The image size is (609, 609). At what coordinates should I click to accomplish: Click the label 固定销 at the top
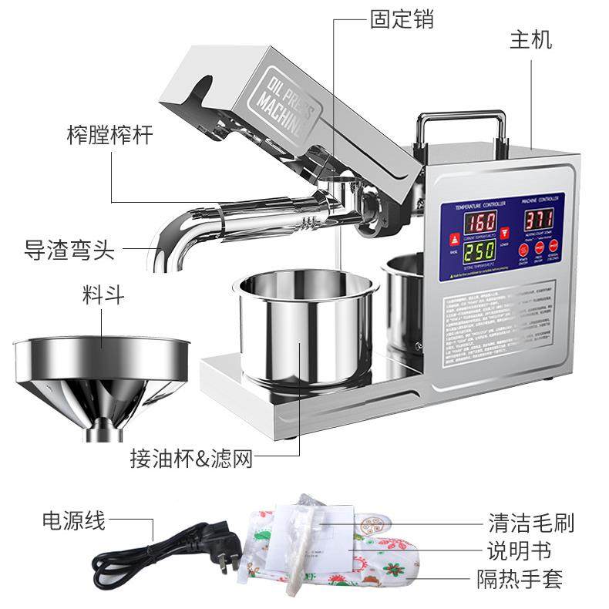coord(402,19)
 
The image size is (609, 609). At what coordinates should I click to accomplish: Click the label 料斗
coord(103,294)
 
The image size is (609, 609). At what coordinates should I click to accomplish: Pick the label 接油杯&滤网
coord(191,460)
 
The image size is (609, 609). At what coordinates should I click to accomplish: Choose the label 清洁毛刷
coord(531,524)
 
